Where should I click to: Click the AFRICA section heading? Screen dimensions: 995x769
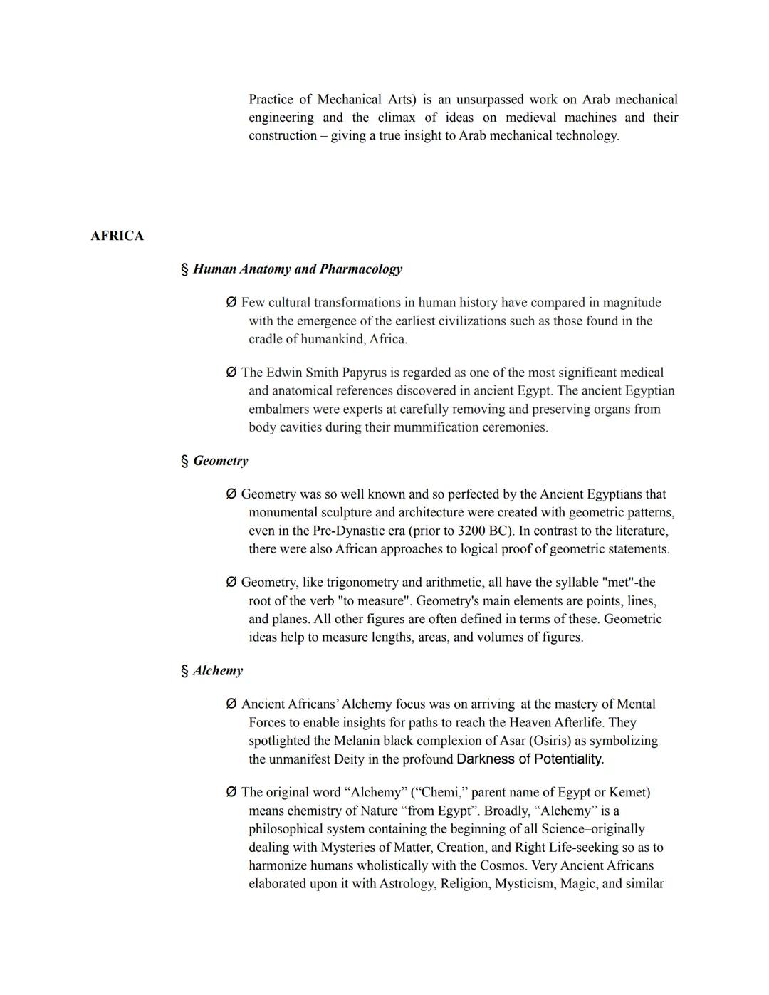pos(117,236)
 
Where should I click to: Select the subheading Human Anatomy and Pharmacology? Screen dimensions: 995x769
pos(297,269)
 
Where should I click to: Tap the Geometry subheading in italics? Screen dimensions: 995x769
pos(221,461)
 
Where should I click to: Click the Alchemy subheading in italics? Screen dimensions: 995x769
pos(218,671)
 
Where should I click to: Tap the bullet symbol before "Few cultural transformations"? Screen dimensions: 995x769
pos(231,303)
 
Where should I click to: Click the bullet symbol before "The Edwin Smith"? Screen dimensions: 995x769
pos(231,373)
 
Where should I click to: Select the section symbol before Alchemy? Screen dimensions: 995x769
pos(184,671)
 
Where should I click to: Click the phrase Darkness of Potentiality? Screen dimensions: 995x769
pos(530,759)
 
